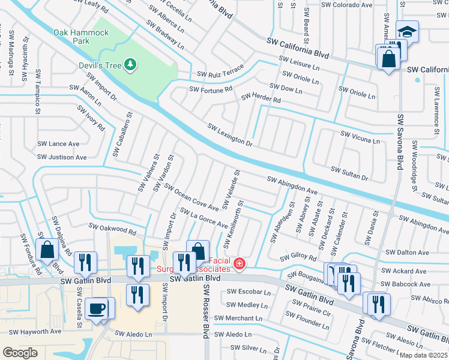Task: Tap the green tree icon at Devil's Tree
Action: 130,64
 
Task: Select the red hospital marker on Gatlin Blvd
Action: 240,263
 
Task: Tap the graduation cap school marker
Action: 407,32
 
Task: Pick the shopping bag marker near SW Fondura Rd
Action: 47,250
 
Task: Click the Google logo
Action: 20,353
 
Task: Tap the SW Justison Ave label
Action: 62,157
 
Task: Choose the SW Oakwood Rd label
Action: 112,229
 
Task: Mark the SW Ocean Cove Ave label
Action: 193,199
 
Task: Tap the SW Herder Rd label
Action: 261,98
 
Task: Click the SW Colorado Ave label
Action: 346,5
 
